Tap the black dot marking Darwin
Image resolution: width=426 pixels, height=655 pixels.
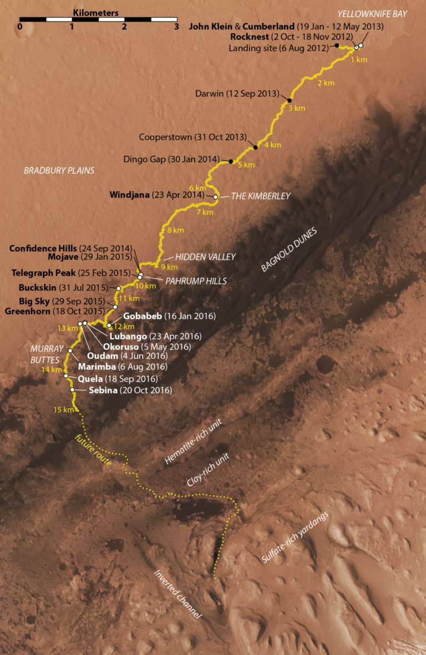point(290,100)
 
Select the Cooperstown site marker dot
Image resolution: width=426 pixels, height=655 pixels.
point(255,147)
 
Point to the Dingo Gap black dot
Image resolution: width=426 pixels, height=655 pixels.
point(231,161)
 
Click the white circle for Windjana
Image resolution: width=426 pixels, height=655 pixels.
point(216,196)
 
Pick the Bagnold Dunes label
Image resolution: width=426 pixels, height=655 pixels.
point(288,250)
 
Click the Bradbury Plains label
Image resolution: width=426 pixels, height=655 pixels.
point(59,171)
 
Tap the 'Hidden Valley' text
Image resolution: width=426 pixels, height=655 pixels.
point(206,257)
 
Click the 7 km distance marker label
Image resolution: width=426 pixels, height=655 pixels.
point(205,212)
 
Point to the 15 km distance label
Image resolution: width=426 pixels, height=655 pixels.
point(64,410)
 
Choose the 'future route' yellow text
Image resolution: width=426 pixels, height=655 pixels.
point(92,450)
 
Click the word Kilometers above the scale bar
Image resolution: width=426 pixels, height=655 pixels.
point(95,12)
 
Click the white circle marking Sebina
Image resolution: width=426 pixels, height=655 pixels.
point(73,390)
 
